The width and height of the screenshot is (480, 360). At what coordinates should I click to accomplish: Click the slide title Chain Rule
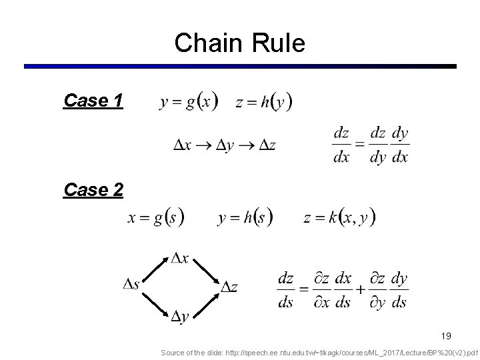pos(239,43)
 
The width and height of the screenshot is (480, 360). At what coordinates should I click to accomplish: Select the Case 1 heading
pos(93,101)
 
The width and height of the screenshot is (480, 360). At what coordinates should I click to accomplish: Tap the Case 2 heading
pos(93,190)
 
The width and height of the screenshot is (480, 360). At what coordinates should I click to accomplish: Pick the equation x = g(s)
pos(156,217)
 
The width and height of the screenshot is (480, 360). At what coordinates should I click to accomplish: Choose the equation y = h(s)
pos(245,217)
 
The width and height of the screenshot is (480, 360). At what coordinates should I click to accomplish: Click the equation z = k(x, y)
pos(339,217)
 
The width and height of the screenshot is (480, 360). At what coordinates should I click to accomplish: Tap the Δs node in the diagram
pos(131,285)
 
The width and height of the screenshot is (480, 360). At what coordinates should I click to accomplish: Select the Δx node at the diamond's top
pos(179,257)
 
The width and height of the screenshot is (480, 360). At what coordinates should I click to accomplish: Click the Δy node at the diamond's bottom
pos(179,315)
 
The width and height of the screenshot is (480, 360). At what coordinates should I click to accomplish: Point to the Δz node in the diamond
pos(229,287)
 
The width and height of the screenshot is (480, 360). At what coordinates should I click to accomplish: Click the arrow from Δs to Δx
pos(155,268)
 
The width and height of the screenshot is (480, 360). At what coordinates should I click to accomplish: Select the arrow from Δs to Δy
pos(155,302)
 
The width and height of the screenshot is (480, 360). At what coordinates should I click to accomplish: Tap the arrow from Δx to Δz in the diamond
pos(205,271)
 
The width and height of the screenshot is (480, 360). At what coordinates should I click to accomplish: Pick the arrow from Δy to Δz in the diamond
pos(205,302)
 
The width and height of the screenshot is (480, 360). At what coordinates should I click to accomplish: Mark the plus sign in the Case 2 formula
pos(361,290)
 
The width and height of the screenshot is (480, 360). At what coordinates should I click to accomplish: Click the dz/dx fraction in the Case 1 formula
pos(341,145)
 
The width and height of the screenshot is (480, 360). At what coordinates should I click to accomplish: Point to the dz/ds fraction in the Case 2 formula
pos(286,290)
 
